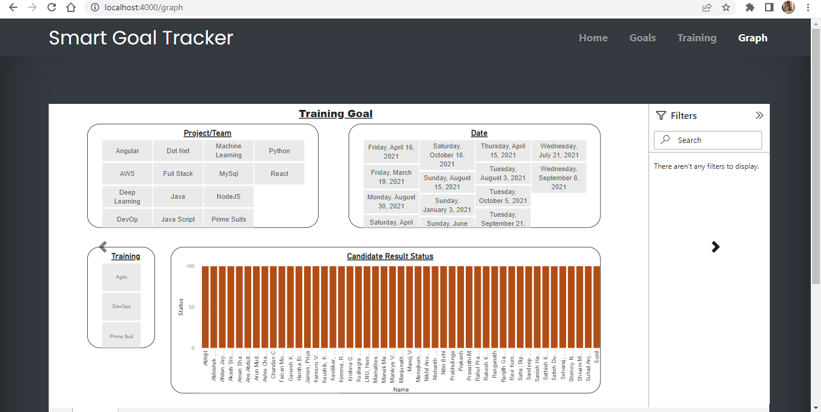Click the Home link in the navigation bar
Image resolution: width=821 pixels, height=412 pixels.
(593, 38)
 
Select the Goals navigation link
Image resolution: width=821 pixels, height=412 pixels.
(642, 38)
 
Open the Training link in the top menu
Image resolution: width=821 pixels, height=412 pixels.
(697, 38)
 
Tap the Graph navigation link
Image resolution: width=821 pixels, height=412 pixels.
(752, 38)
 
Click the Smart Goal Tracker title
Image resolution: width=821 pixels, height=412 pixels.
(141, 38)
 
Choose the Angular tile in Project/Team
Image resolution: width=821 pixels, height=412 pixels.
(127, 151)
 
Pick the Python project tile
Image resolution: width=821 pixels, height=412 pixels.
(279, 151)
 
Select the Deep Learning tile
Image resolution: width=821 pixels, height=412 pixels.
(127, 197)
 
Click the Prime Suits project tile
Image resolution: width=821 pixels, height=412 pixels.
(228, 219)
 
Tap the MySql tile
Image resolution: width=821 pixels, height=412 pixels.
(228, 174)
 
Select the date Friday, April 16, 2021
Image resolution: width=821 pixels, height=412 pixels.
(391, 151)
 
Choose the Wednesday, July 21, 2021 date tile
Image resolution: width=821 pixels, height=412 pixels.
(558, 150)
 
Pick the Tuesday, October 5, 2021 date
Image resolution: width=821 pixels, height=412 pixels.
(503, 196)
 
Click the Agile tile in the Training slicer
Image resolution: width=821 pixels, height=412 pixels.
(121, 277)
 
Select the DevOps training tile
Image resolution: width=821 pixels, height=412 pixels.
(121, 306)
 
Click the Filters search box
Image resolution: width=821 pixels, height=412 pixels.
(707, 140)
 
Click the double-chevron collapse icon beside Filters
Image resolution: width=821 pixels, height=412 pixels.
(759, 115)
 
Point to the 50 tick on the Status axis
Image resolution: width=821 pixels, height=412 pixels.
(191, 307)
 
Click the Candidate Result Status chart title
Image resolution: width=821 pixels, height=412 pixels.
(390, 256)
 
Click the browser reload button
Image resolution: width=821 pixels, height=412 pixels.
(52, 8)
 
